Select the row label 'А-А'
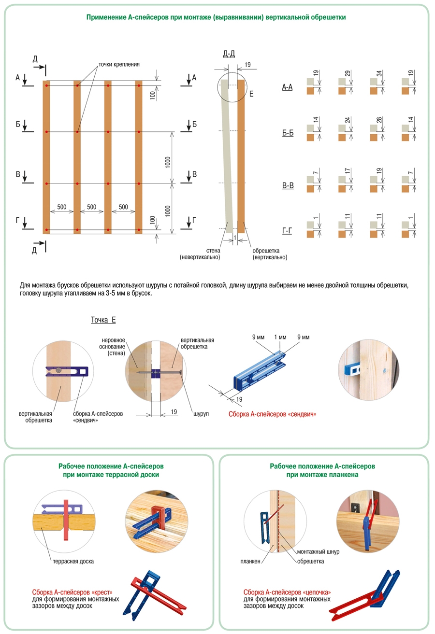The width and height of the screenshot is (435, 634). (287, 87)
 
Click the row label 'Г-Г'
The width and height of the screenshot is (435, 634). (287, 231)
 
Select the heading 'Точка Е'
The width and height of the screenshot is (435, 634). (103, 320)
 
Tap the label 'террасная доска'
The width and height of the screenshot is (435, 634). (74, 562)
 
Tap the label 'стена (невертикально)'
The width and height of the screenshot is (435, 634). (200, 254)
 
